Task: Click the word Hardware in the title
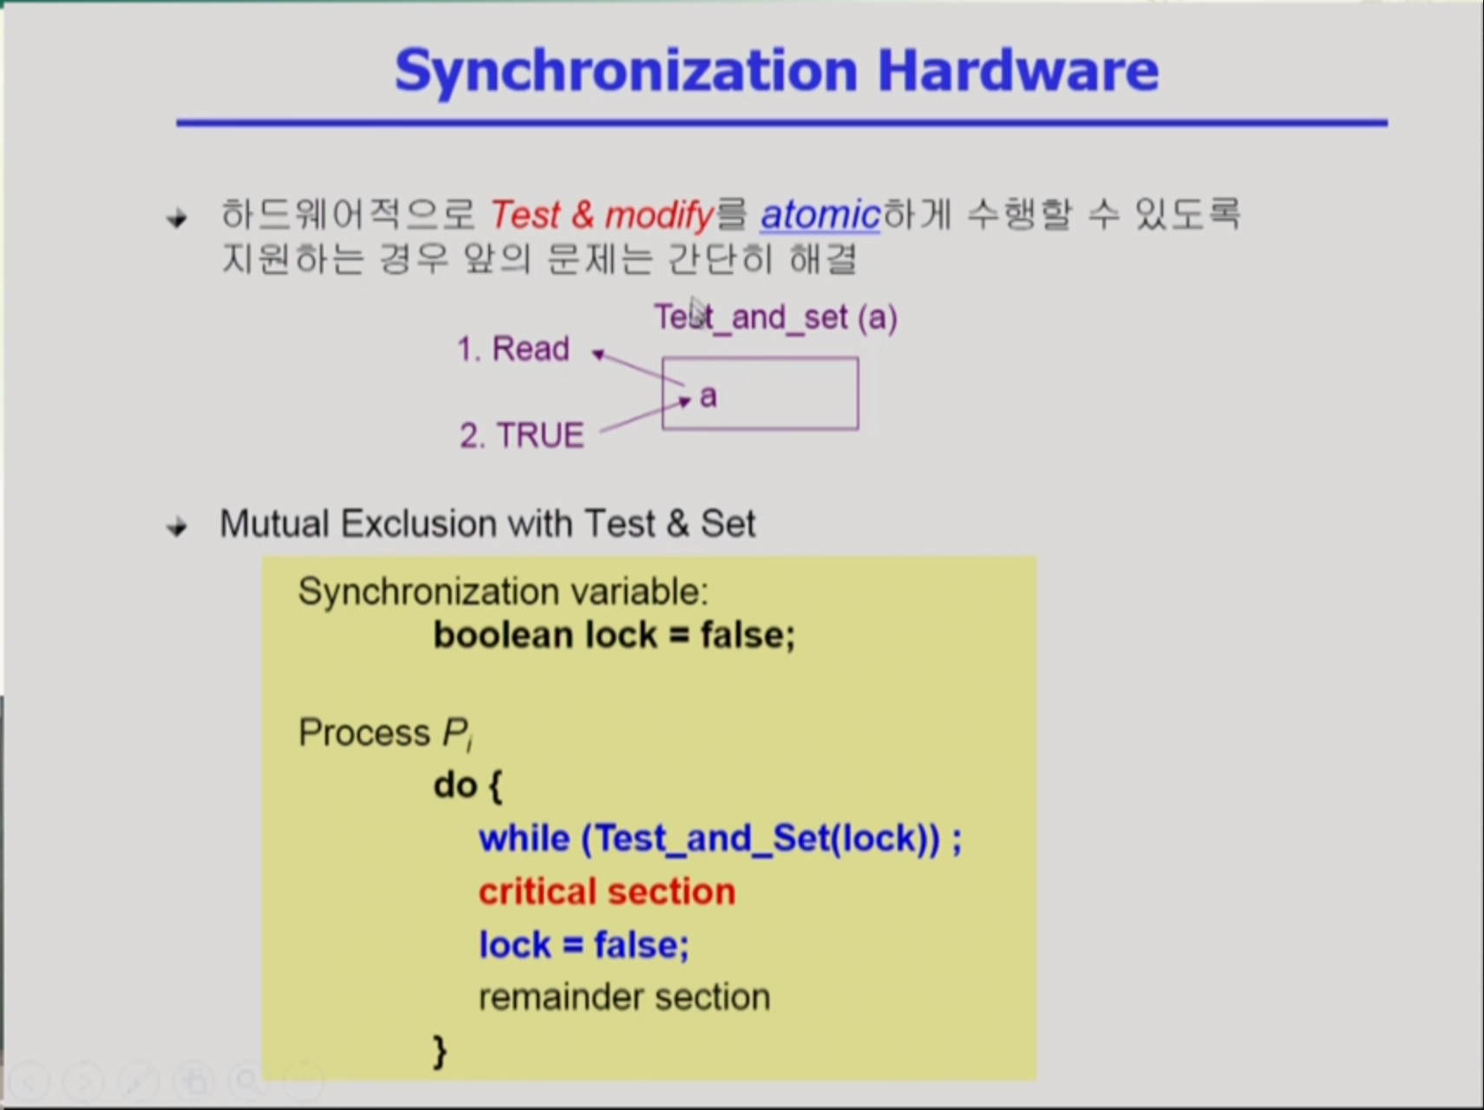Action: point(1018,69)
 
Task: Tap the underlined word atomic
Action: point(820,214)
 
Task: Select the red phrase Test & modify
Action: point(602,214)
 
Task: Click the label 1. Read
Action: point(513,349)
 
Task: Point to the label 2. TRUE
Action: point(522,435)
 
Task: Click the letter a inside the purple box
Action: point(709,396)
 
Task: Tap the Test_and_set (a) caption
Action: point(775,317)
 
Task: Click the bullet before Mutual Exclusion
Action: point(177,526)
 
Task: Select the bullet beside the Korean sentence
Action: point(177,218)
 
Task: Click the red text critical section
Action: point(607,891)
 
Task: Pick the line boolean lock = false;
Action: point(614,635)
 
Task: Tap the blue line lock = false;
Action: point(584,944)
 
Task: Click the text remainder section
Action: point(624,997)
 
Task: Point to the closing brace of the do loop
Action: point(441,1051)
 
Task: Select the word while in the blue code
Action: point(524,839)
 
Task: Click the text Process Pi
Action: point(385,734)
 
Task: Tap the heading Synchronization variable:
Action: point(503,591)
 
